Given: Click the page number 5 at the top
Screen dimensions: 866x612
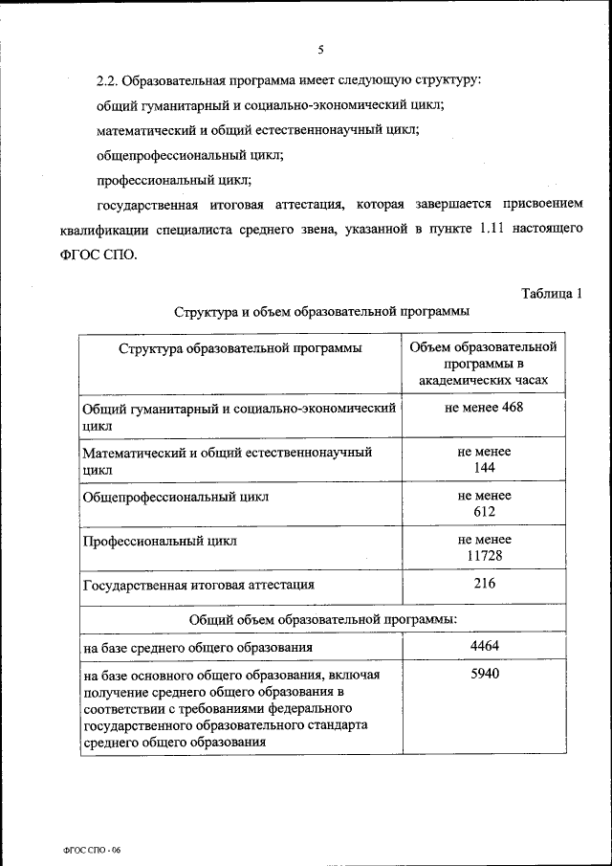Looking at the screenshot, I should coord(321,50).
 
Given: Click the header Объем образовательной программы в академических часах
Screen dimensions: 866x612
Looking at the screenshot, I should coord(483,363).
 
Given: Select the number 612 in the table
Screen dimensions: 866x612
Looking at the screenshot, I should coord(484,511).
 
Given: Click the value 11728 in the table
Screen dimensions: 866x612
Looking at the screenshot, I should coord(484,555).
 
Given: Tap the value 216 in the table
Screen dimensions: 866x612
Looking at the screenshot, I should coord(484,583).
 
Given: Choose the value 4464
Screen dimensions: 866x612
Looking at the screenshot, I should coord(484,646).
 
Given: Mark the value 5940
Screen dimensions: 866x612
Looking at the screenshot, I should coord(484,674).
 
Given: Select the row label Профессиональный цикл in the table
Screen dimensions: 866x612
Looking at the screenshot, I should coord(160,541).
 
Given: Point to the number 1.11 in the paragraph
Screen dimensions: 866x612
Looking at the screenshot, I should coord(490,230).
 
